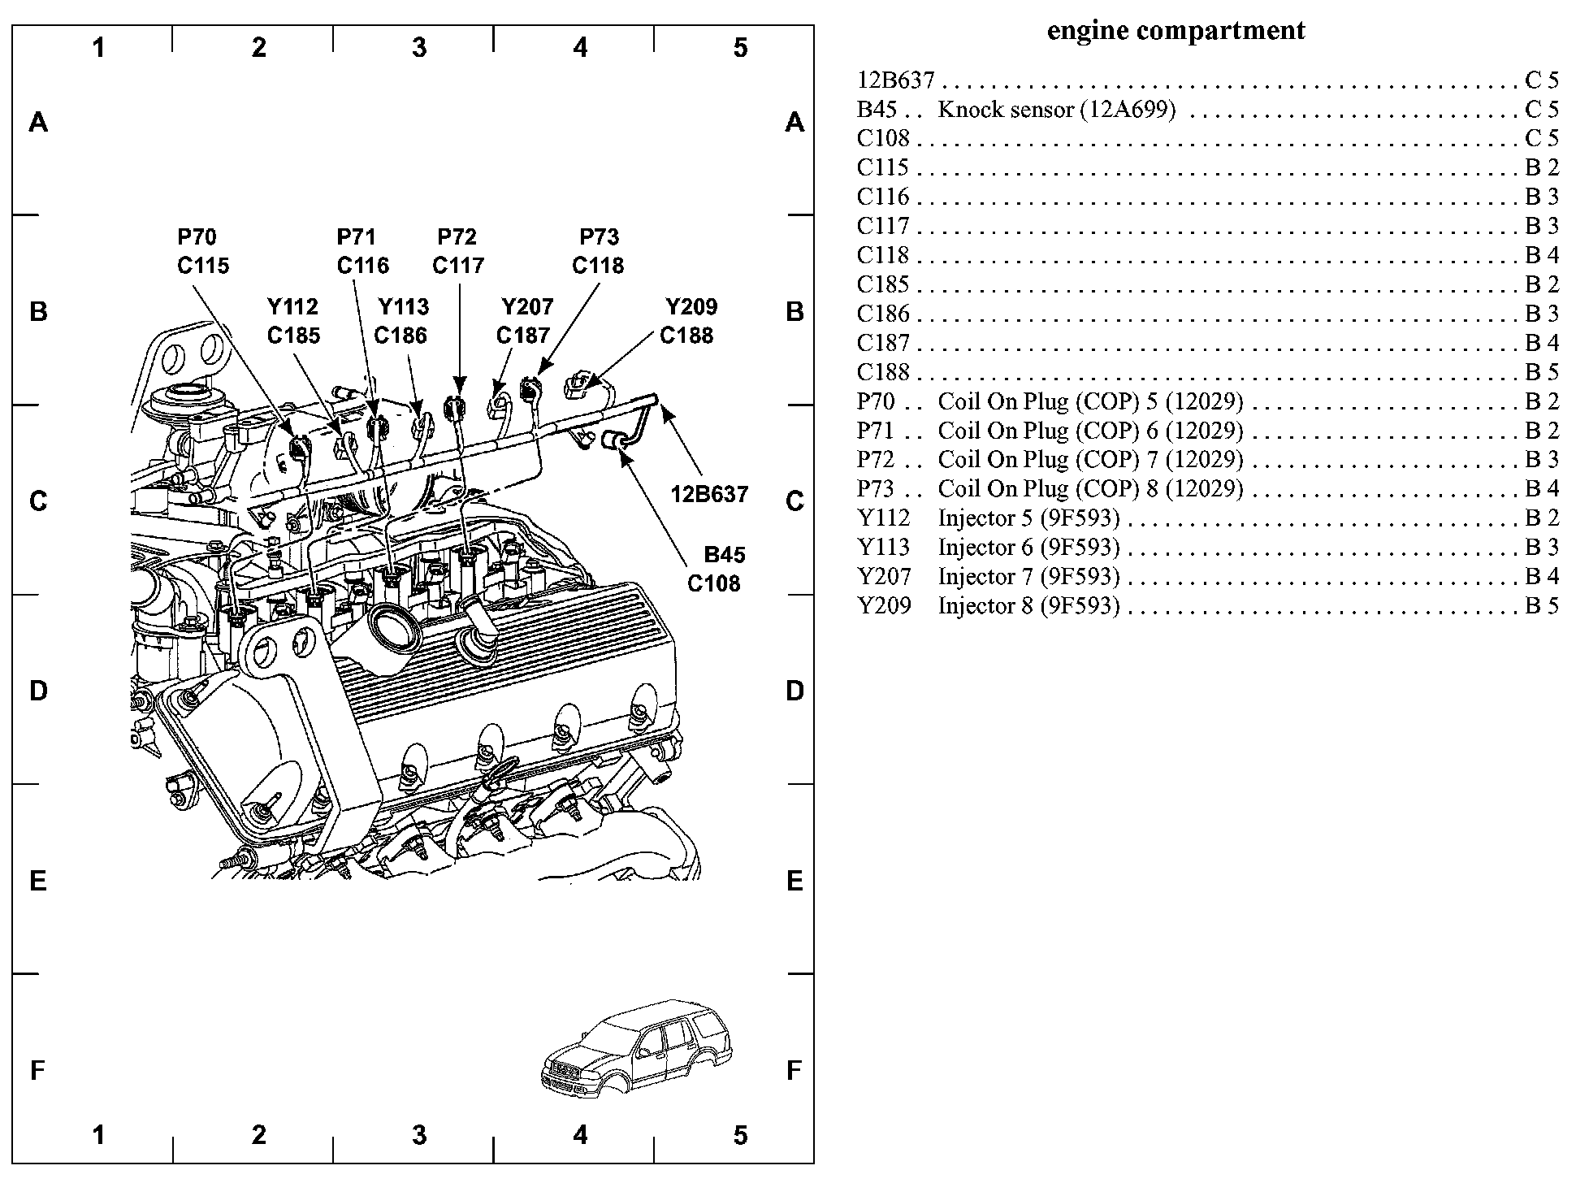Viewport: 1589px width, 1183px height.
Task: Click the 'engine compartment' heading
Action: coord(1176,31)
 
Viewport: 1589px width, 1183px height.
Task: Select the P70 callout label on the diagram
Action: coord(197,237)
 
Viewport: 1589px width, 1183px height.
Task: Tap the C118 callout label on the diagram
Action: coord(598,266)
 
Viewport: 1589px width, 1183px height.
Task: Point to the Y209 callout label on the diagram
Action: coord(691,307)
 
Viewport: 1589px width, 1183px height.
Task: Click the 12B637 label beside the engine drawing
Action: coord(709,494)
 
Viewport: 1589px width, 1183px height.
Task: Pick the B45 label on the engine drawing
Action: coord(725,555)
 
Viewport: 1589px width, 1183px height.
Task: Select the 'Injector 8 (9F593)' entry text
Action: coord(1028,606)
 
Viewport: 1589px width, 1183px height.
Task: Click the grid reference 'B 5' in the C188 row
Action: coord(1542,372)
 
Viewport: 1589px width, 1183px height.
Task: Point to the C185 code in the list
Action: coord(883,284)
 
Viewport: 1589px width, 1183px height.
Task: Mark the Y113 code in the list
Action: coord(884,548)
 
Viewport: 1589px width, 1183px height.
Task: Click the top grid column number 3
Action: coord(419,48)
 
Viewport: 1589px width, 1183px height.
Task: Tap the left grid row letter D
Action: coord(38,691)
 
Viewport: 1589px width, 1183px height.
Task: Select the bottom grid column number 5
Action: coord(740,1135)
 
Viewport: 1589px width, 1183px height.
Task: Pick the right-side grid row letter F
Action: coord(794,1071)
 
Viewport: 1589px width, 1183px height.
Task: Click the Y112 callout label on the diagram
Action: coord(293,307)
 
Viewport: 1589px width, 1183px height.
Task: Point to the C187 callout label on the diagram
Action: coord(523,336)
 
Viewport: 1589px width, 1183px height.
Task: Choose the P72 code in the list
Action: coord(876,460)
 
